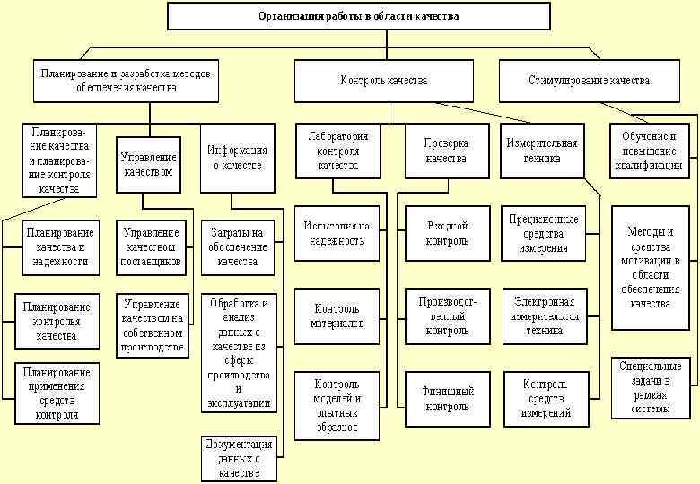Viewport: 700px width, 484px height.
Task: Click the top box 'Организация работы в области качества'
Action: pyautogui.click(x=358, y=16)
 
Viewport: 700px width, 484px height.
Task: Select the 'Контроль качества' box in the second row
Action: pyautogui.click(x=383, y=80)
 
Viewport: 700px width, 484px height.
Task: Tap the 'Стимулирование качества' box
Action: pyautogui.click(x=588, y=80)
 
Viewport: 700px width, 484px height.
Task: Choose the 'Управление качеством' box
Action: pyautogui.click(x=147, y=163)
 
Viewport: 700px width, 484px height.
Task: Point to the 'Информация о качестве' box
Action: pyautogui.click(x=237, y=158)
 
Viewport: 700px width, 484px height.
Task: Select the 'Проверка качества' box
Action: pyautogui.click(x=446, y=151)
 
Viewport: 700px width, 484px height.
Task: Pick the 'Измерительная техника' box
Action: pyautogui.click(x=542, y=151)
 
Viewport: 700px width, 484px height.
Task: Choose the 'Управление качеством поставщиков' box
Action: pyautogui.click(x=152, y=247)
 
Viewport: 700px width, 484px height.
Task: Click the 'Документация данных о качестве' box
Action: pyautogui.click(x=238, y=458)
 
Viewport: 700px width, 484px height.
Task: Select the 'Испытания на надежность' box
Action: pyautogui.click(x=337, y=234)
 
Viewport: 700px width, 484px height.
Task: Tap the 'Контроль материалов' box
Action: pyautogui.click(x=337, y=316)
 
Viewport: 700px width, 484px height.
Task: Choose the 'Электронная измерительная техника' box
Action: pyautogui.click(x=545, y=316)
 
